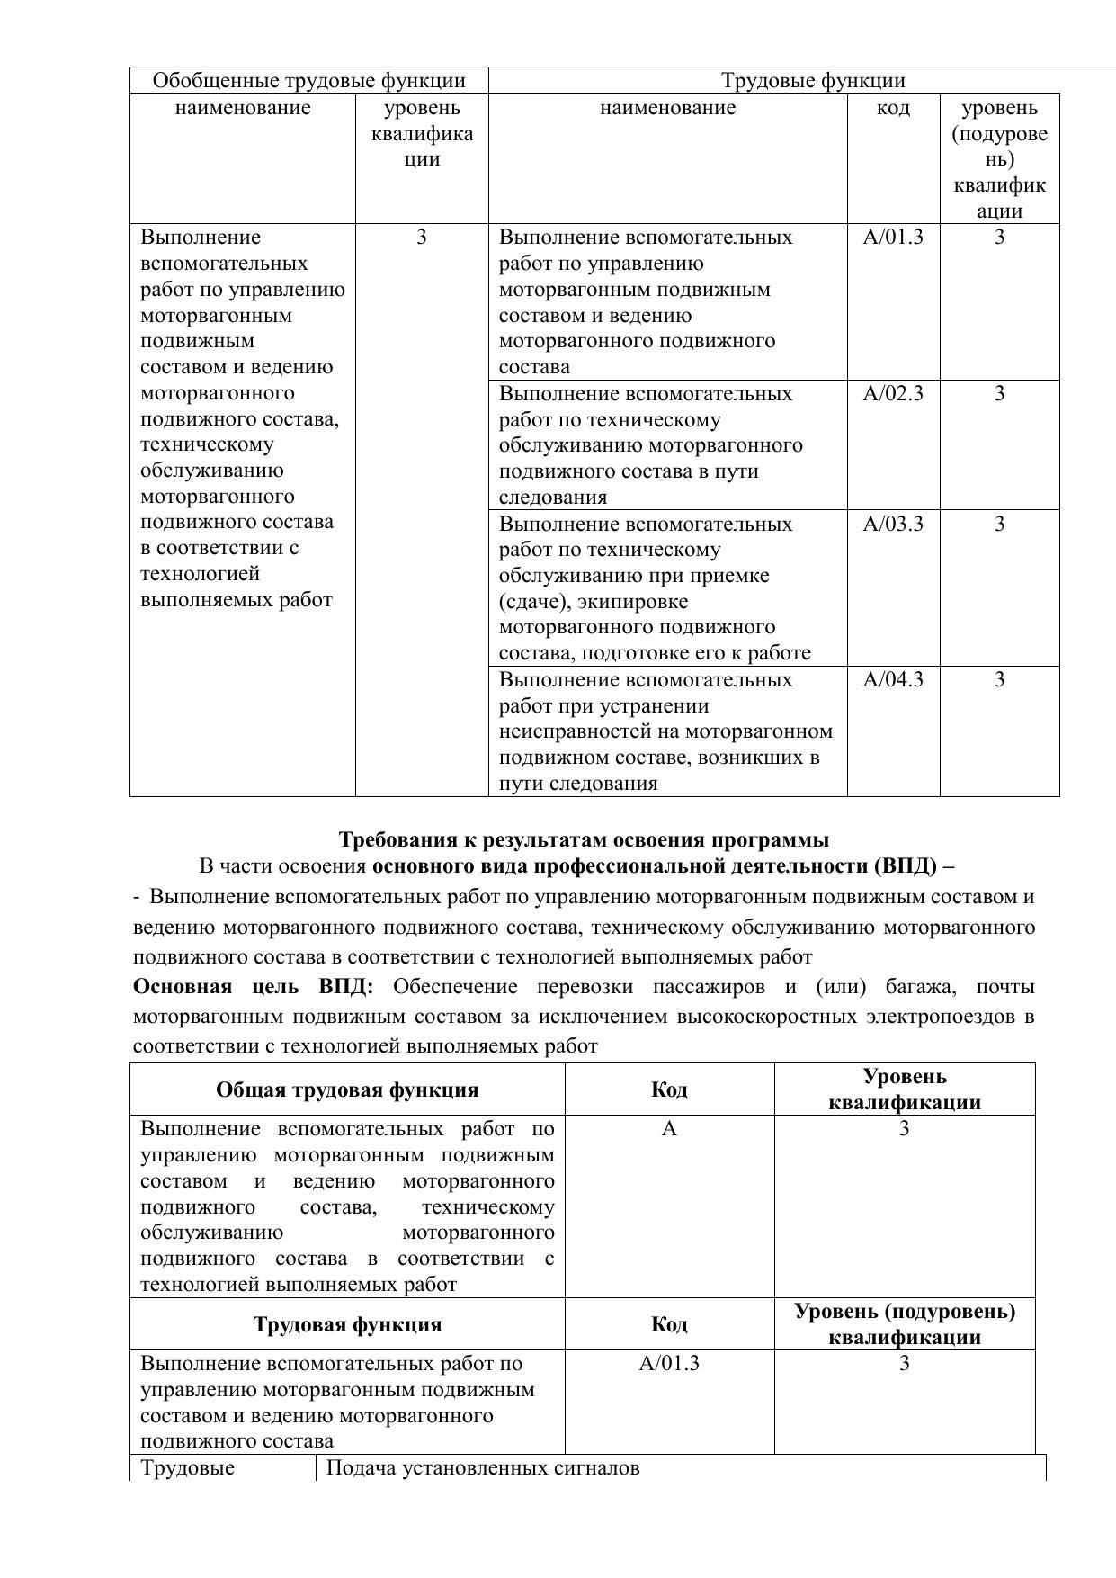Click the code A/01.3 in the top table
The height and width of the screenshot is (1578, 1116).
(x=893, y=238)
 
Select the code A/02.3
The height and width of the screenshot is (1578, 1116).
(x=893, y=394)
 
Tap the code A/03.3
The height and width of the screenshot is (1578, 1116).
(x=893, y=525)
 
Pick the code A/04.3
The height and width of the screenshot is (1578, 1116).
(x=893, y=680)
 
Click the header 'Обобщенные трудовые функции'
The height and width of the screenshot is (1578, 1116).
(x=309, y=81)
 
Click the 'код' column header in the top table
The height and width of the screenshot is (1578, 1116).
(x=893, y=109)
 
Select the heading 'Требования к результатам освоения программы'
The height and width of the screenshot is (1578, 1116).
(x=584, y=840)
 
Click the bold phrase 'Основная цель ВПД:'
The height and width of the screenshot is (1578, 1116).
(x=253, y=987)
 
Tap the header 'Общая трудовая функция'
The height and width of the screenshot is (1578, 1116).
(x=347, y=1090)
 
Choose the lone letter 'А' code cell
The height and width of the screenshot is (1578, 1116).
(x=669, y=1129)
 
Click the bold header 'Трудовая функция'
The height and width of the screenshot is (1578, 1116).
(x=347, y=1325)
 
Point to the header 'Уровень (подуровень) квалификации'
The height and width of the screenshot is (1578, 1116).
(x=905, y=1324)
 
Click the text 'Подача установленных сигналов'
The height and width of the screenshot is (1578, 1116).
(x=483, y=1468)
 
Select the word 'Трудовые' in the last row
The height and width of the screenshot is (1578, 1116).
(x=187, y=1468)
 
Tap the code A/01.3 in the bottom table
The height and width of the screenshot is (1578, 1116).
(x=669, y=1364)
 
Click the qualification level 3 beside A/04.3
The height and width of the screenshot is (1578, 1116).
(x=999, y=680)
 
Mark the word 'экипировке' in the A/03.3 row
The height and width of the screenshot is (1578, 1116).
(x=639, y=602)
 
